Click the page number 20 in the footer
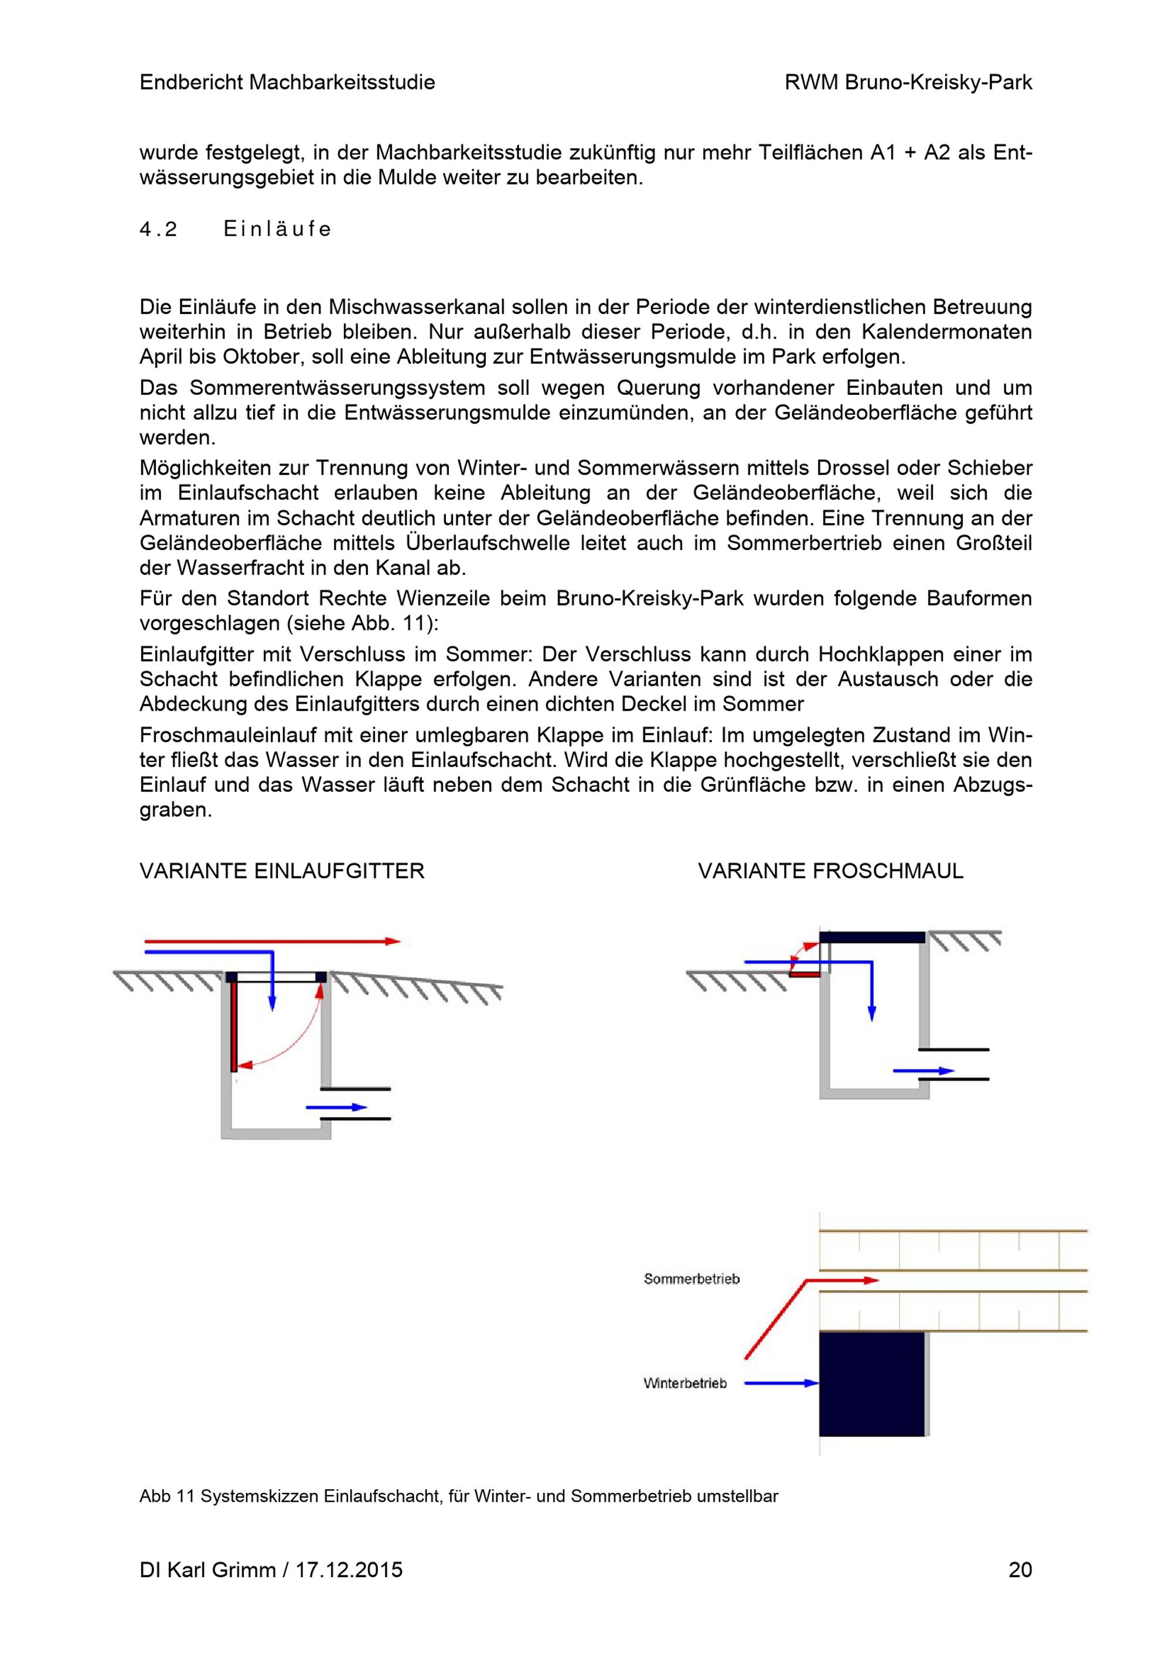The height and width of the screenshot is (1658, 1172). [x=1020, y=1570]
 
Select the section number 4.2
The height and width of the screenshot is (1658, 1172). [x=158, y=229]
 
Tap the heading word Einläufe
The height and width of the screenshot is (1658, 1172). [x=277, y=229]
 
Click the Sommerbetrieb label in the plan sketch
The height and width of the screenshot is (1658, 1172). [x=691, y=1279]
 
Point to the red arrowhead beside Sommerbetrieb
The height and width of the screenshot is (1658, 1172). [x=871, y=1280]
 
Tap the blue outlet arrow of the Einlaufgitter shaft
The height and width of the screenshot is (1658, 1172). [x=336, y=1107]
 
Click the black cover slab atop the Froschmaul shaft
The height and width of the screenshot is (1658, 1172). [x=871, y=937]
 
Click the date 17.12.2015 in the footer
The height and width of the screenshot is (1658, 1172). [x=349, y=1570]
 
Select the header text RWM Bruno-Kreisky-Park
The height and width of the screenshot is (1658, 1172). [x=908, y=83]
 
